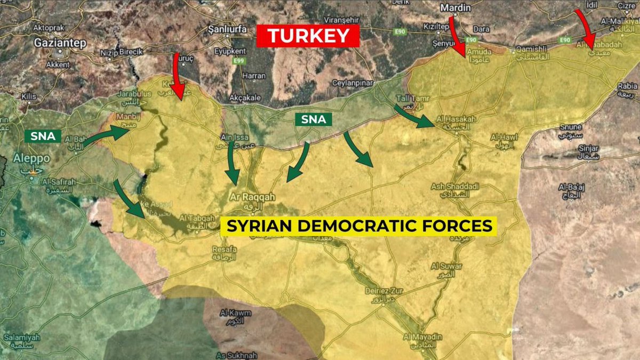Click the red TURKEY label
click(x=308, y=36)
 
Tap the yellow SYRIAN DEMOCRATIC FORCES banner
click(x=359, y=226)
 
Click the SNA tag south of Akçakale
click(x=313, y=119)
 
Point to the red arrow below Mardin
click(x=456, y=35)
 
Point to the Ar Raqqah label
click(x=252, y=197)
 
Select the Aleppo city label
click(x=33, y=159)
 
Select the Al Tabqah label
click(x=198, y=218)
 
